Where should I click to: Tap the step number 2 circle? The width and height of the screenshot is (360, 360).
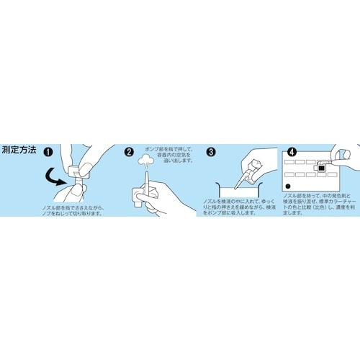pos(130,152)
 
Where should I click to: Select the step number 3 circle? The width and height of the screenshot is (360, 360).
pos(211,152)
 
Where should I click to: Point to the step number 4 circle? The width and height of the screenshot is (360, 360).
pos(292,153)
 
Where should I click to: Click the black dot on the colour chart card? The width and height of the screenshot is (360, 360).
pos(289,186)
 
